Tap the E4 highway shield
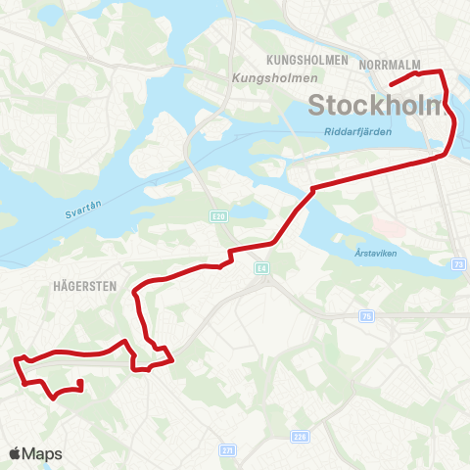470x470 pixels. pyautogui.click(x=260, y=266)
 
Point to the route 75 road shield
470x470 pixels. pyautogui.click(x=366, y=315)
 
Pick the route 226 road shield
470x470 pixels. pyautogui.click(x=301, y=438)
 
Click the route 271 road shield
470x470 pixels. pyautogui.click(x=228, y=450)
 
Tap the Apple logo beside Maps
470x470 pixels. pyautogui.click(x=15, y=453)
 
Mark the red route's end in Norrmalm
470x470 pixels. pyautogui.click(x=391, y=85)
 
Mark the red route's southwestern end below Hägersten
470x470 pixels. pyautogui.click(x=79, y=382)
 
